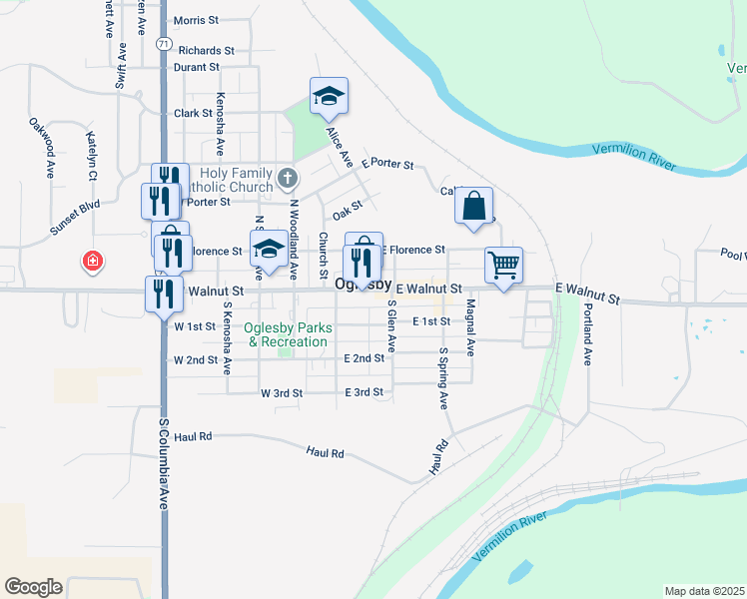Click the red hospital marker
point(93,261)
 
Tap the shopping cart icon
point(503,267)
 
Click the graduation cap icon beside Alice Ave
point(329,97)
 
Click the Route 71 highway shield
point(162,44)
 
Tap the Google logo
point(33,586)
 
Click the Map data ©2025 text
point(704,591)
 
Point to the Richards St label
point(207,50)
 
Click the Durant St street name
point(196,67)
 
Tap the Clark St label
point(194,114)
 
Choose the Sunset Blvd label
point(76,218)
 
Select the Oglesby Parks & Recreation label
point(289,334)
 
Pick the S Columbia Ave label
point(163,464)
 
